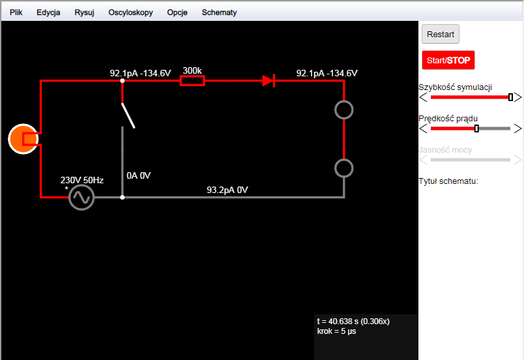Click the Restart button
(440, 34)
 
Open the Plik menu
(16, 12)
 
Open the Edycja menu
(48, 12)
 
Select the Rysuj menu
(84, 12)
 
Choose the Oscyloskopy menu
(130, 12)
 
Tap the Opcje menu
(177, 12)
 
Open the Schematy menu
(219, 12)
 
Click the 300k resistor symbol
(192, 81)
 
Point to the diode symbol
(269, 81)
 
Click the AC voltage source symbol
(81, 197)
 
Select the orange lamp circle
(23, 139)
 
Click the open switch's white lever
(128, 115)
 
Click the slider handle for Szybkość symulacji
(510, 97)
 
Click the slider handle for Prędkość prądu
(476, 128)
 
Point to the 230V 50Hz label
(82, 180)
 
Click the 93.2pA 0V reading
(227, 190)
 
